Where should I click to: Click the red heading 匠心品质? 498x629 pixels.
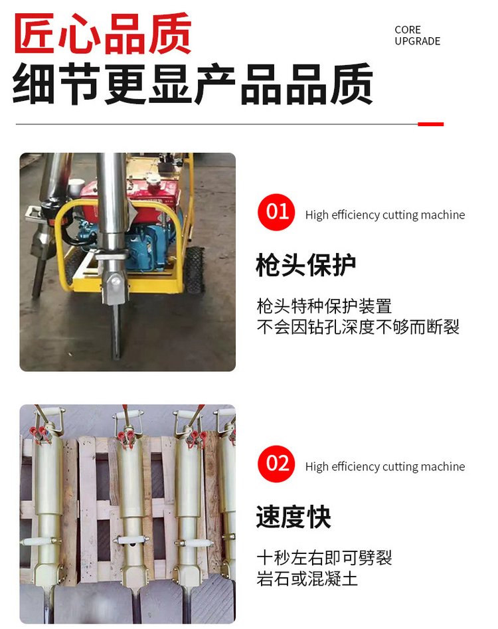(x=103, y=34)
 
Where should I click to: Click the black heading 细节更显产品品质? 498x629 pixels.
(x=193, y=84)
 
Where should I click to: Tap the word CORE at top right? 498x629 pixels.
(x=408, y=30)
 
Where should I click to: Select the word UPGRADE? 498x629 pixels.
(x=417, y=41)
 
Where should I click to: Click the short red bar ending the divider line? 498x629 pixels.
(x=431, y=124)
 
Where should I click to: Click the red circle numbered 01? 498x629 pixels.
(x=276, y=212)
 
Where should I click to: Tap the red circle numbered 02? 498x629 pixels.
(x=276, y=464)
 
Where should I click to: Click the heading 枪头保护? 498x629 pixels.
(x=306, y=265)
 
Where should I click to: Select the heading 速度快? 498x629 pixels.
(x=293, y=517)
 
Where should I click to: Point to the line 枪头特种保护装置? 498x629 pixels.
(x=324, y=306)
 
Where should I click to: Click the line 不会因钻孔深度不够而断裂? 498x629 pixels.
(x=358, y=327)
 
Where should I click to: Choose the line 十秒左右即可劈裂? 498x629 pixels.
(x=324, y=557)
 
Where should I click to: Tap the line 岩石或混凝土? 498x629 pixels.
(x=307, y=579)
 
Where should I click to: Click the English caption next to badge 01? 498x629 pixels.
(x=385, y=215)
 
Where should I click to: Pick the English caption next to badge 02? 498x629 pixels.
(x=385, y=466)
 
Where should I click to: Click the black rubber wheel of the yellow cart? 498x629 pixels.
(x=195, y=269)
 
